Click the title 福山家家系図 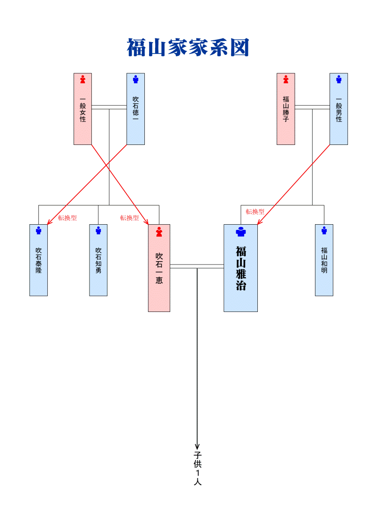187,48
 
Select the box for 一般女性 82,109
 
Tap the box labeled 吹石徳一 135,109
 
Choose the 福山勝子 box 285,109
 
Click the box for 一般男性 338,109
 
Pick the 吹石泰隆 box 38,260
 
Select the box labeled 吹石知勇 98,260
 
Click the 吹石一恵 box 159,268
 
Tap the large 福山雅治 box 240,268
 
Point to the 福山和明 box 324,260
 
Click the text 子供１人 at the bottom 197,468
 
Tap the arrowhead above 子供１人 197,446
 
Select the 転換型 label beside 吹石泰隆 67,218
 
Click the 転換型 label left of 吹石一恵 129,218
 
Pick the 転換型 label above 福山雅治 255,212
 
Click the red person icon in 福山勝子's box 285,79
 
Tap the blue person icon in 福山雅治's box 240,232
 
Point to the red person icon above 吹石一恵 159,232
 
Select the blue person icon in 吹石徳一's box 135,79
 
